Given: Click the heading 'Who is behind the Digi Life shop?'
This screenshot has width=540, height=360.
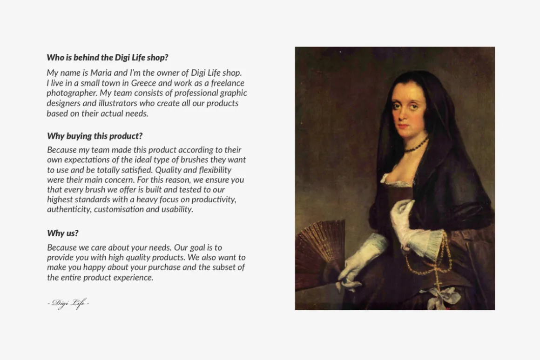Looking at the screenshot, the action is click(108, 58).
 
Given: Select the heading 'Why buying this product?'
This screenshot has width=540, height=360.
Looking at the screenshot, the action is click(94, 136).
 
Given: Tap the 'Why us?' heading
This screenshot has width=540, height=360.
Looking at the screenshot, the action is click(63, 233).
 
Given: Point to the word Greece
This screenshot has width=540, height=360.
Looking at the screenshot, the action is click(143, 83).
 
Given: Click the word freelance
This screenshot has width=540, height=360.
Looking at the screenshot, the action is click(228, 83).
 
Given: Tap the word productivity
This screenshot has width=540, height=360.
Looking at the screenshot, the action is click(214, 200).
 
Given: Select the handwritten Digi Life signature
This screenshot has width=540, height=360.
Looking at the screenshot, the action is click(68, 303).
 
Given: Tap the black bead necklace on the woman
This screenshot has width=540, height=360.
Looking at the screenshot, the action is click(416, 146).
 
